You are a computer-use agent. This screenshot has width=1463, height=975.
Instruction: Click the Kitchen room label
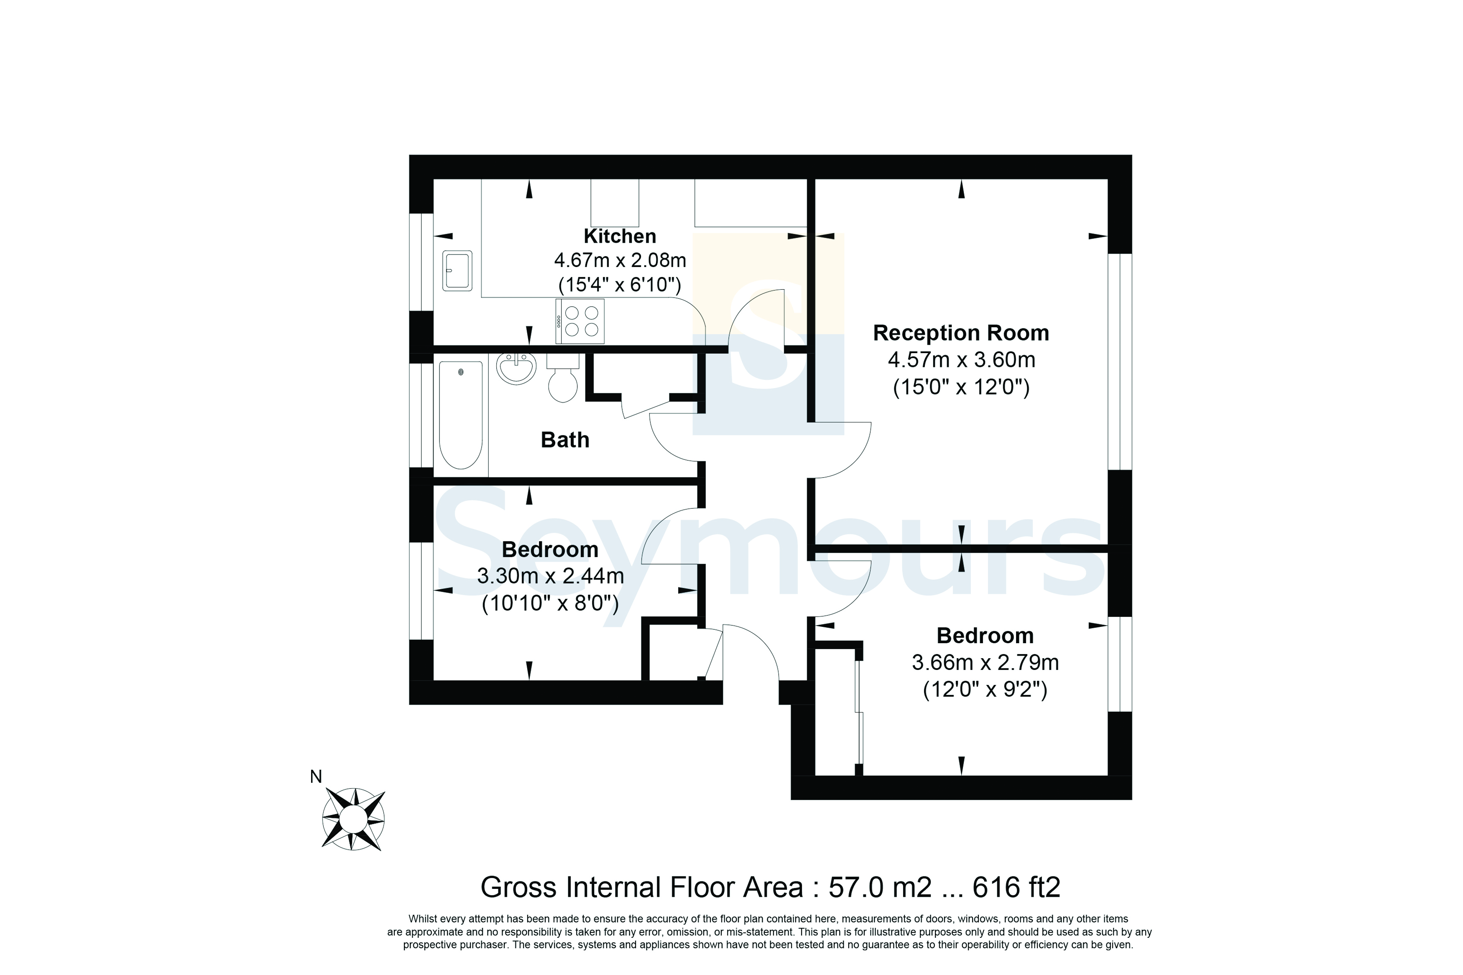[620, 236]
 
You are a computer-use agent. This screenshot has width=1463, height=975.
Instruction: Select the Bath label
[565, 440]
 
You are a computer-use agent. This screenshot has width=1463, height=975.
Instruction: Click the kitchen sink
[457, 270]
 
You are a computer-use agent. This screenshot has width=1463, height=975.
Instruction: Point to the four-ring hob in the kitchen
[580, 321]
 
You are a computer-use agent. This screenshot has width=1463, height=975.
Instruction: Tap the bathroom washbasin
[516, 368]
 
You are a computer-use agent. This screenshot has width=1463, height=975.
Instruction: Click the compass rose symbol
[353, 819]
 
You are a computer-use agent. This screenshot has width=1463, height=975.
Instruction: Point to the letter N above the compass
[316, 776]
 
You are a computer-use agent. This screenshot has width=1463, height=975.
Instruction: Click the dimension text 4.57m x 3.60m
[961, 360]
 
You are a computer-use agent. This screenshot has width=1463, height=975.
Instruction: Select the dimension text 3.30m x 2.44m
[551, 576]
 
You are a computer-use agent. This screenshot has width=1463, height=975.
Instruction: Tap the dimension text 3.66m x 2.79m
[985, 663]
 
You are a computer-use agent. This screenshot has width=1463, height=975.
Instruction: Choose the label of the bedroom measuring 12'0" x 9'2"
[985, 636]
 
